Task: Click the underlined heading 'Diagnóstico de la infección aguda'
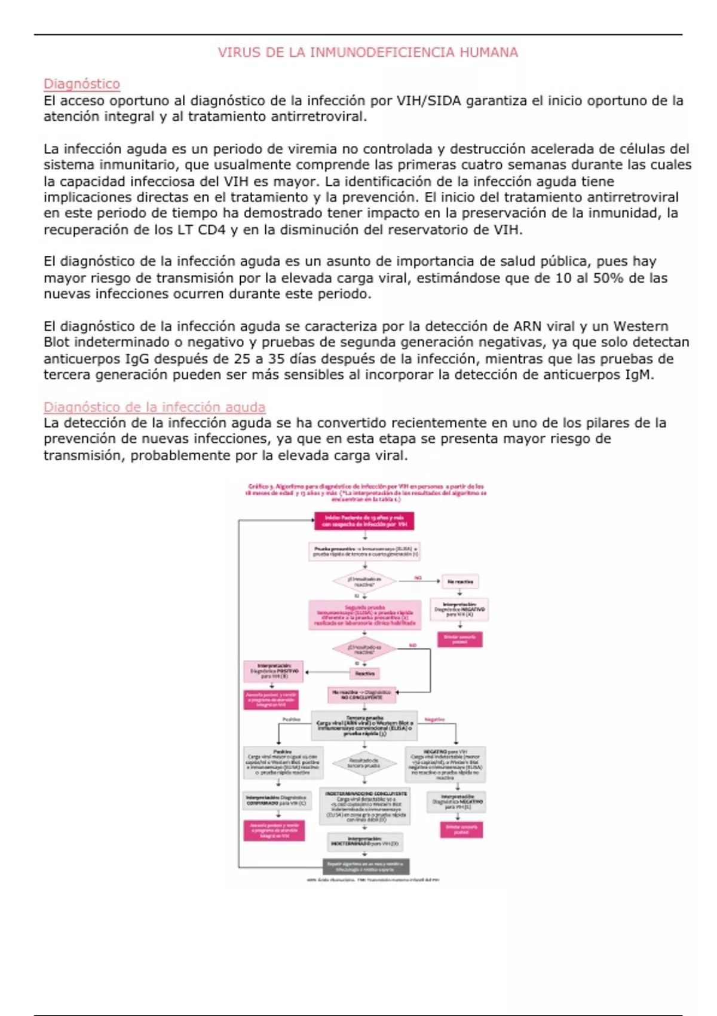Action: [x=154, y=407]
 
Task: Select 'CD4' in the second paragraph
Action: [x=212, y=230]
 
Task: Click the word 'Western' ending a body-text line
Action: [x=641, y=326]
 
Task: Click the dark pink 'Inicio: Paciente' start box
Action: [x=364, y=521]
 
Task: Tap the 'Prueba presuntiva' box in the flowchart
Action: [x=364, y=551]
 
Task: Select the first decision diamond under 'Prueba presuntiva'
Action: [x=364, y=581]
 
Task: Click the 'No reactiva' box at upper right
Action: [x=459, y=581]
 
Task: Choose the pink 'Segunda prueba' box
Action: [x=364, y=615]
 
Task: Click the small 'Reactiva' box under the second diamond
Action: [x=364, y=674]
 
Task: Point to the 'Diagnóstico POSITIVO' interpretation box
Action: [x=274, y=671]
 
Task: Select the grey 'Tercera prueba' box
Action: [x=364, y=726]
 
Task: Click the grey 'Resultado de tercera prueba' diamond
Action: [x=364, y=763]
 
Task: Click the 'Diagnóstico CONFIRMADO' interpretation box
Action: [x=277, y=800]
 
